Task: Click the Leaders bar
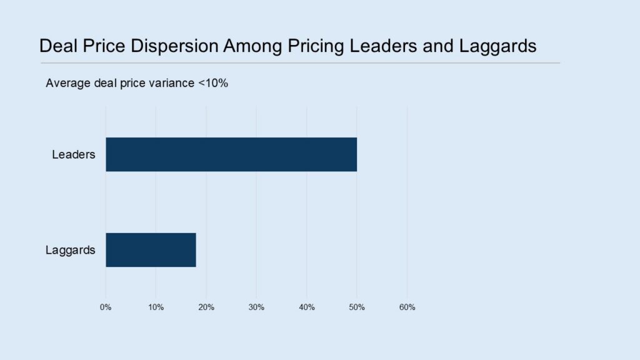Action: [x=231, y=154]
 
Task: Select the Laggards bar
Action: [x=151, y=250]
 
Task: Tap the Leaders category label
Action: [x=74, y=155]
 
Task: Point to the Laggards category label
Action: [x=70, y=250]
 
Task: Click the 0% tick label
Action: [x=106, y=307]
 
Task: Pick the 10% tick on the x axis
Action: [x=156, y=307]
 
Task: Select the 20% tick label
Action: [x=206, y=307]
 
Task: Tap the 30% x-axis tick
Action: [x=256, y=307]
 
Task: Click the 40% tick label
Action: [x=307, y=307]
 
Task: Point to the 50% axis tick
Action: [x=357, y=307]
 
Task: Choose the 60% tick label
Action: [x=407, y=307]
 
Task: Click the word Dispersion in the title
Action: [x=174, y=46]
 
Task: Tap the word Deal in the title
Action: [x=58, y=46]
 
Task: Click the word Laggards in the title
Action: [x=497, y=46]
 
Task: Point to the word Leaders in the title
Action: [x=383, y=46]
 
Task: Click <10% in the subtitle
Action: [x=213, y=83]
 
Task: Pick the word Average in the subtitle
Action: [x=68, y=83]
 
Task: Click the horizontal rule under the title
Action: [x=301, y=63]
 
